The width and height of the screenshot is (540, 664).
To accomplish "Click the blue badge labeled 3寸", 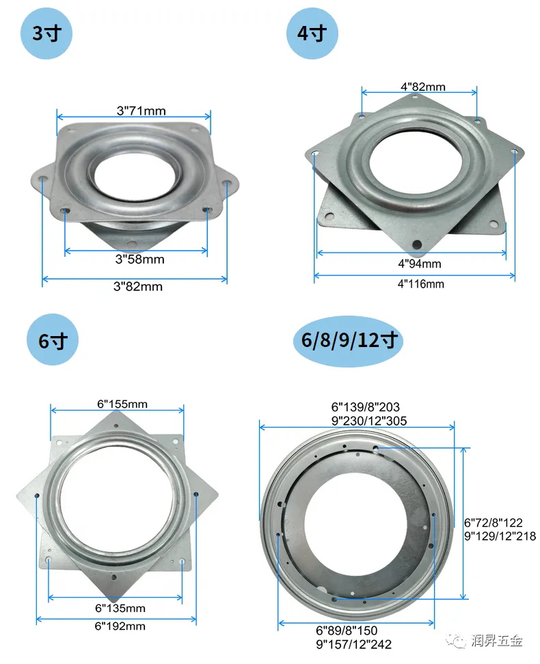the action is click(x=46, y=33).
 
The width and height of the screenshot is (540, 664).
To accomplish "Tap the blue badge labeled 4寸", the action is click(x=312, y=33).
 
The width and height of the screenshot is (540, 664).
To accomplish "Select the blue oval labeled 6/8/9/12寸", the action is click(x=349, y=340).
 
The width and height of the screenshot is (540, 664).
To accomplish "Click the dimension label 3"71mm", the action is click(x=141, y=111).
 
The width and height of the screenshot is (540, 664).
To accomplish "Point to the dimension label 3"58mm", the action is click(x=140, y=259).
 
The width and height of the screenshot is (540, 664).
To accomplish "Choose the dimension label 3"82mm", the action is click(x=138, y=287).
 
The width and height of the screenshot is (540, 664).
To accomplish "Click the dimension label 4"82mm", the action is click(x=423, y=87).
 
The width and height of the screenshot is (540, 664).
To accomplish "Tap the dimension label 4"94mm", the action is click(x=420, y=264).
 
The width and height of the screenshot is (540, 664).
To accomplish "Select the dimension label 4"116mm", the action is click(x=421, y=284).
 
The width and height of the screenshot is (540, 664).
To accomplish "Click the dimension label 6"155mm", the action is click(x=122, y=404).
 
